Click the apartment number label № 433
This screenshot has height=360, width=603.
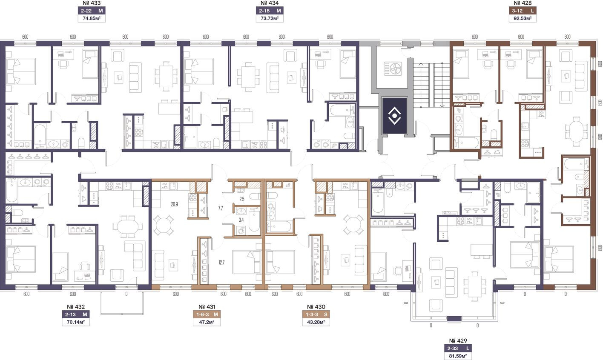[x=91, y=3]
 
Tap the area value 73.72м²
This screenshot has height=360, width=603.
[x=270, y=18]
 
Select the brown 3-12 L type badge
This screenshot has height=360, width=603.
[x=523, y=11]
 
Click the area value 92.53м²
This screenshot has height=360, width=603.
[x=523, y=18]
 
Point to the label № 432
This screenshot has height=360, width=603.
[x=76, y=307]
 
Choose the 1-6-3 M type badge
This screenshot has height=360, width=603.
[x=207, y=314]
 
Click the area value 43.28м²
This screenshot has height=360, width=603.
[x=316, y=322]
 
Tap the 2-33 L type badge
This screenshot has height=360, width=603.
[x=458, y=349]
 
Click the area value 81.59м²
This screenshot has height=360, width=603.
[x=458, y=356]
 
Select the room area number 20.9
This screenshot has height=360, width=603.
[x=174, y=205]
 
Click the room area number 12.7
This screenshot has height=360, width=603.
[x=221, y=262]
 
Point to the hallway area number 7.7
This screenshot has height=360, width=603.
[x=221, y=208]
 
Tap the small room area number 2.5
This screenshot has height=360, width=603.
[x=242, y=199]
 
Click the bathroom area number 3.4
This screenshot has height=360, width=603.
[x=241, y=220]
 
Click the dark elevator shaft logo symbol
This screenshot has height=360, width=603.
[x=394, y=116]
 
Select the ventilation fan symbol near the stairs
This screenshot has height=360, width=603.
[x=393, y=69]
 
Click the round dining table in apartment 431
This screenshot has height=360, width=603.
[x=163, y=226]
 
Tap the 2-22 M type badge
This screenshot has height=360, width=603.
[x=92, y=11]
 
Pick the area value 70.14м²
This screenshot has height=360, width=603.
[x=76, y=322]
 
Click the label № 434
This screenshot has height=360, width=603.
[x=270, y=3]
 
